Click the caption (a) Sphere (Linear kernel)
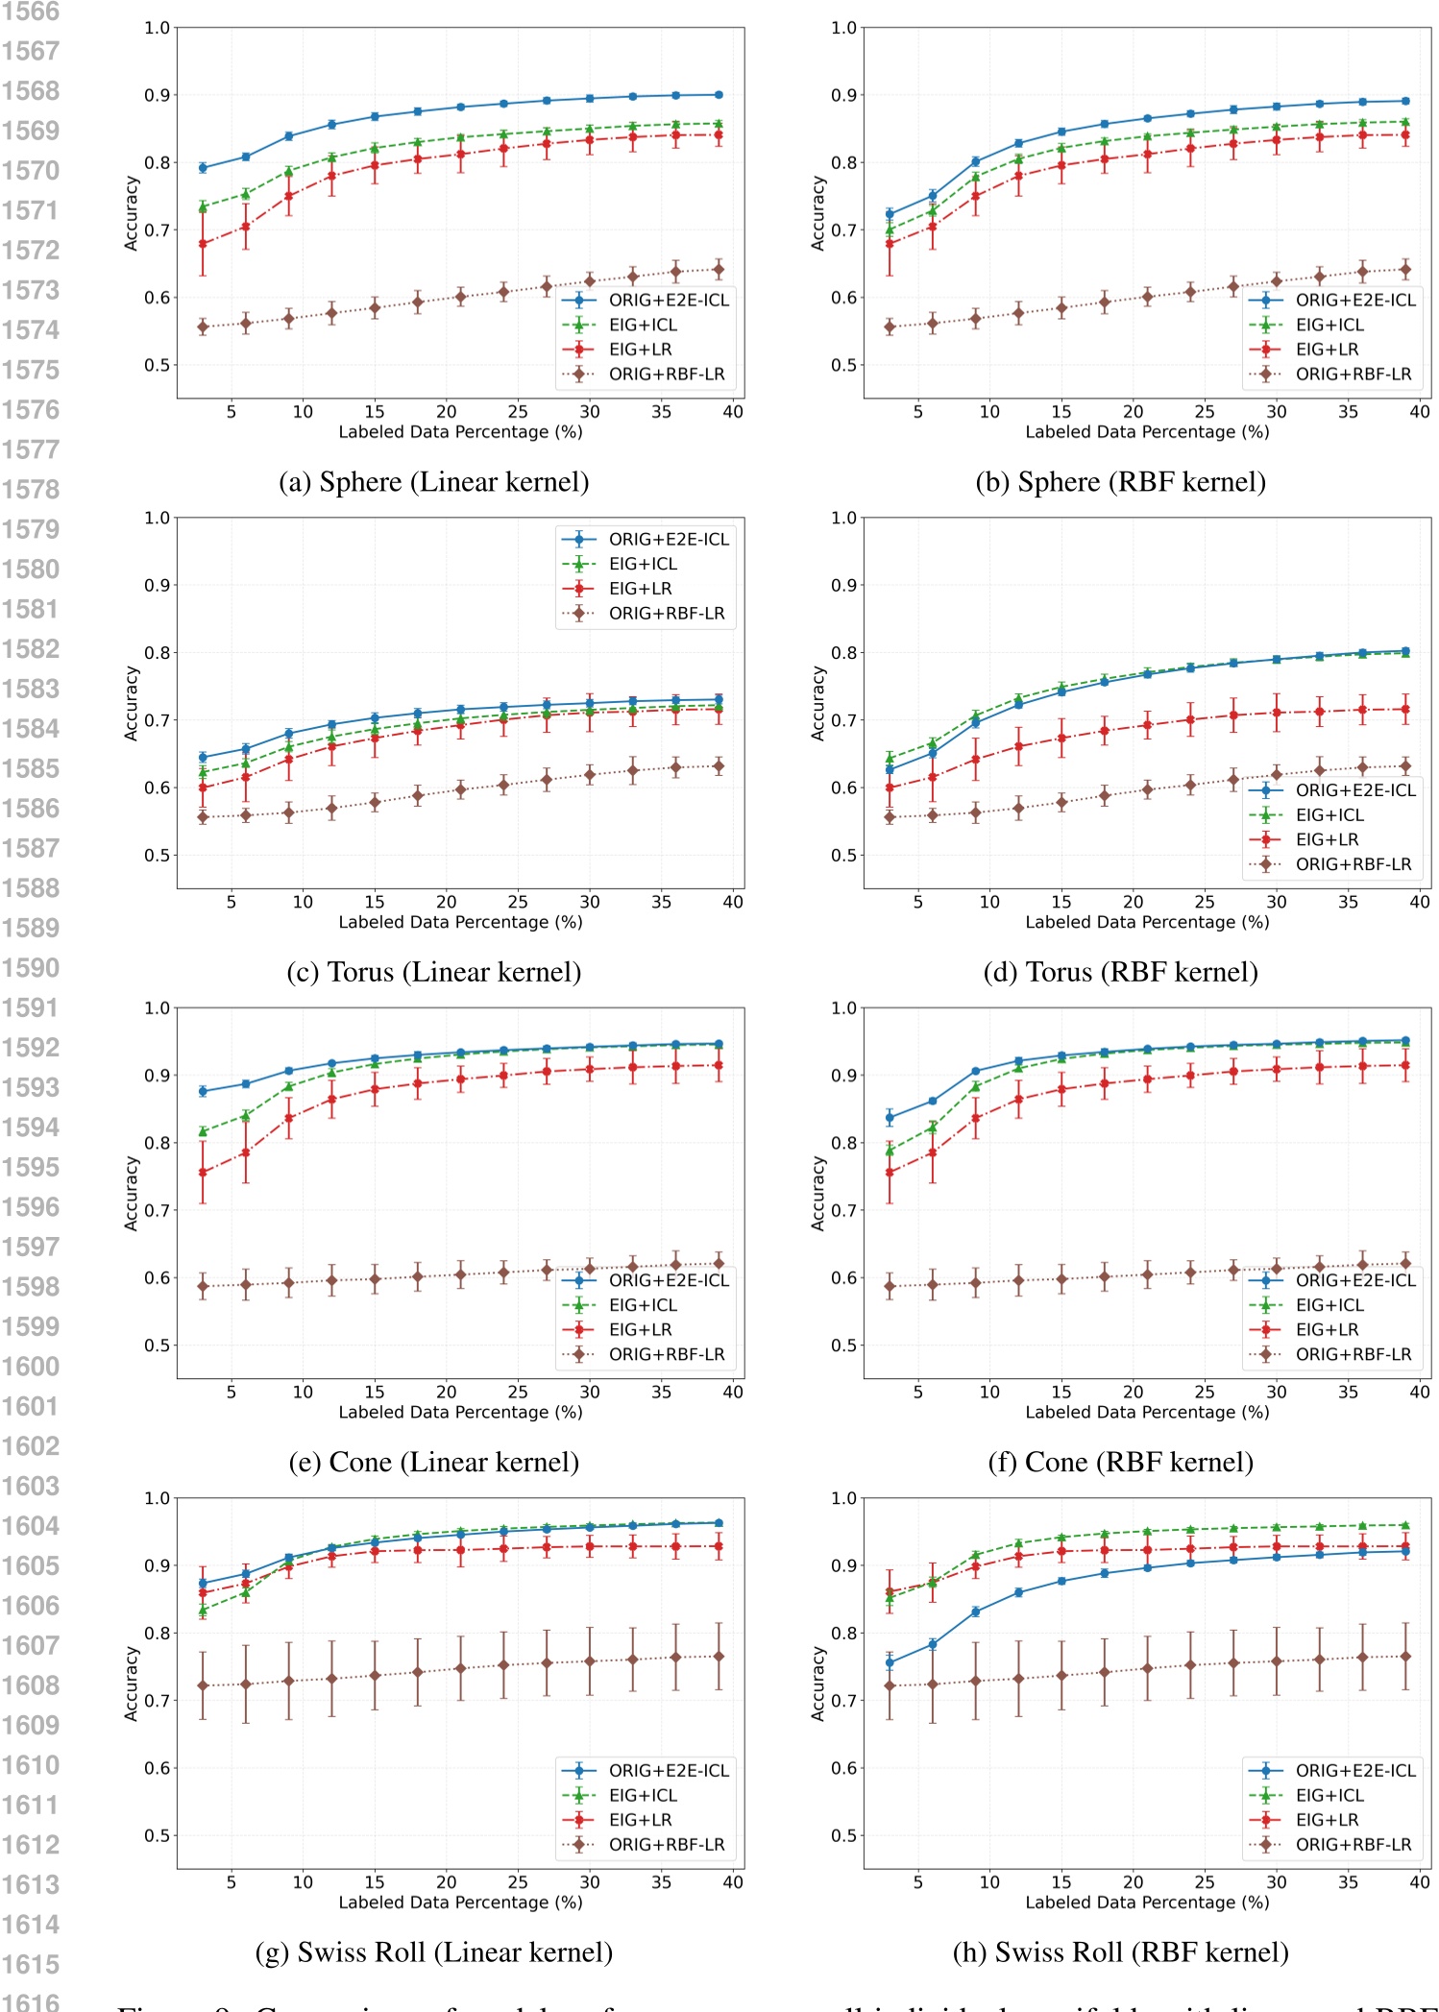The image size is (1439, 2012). click(433, 482)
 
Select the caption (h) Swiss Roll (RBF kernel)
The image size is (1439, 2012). click(1120, 1952)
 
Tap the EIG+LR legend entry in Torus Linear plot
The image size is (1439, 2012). click(640, 589)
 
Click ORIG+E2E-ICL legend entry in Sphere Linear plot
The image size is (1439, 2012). click(669, 301)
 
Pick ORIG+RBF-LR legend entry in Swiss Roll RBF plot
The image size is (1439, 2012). click(1353, 1845)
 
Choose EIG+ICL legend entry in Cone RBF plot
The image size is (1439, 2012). click(1329, 1305)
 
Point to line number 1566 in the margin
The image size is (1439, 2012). click(30, 12)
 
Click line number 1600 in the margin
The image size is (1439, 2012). click(30, 1367)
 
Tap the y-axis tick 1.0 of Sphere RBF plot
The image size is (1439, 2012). click(843, 28)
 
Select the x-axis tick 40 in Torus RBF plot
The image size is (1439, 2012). click(1419, 902)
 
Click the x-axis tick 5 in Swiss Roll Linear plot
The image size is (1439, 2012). click(232, 1882)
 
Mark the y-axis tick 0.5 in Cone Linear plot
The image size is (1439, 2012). click(157, 1345)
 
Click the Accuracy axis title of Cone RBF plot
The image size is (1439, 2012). click(818, 1194)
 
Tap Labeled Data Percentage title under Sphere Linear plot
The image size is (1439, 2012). click(460, 432)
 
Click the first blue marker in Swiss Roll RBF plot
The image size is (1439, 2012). click(890, 1662)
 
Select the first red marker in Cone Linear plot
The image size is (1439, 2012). click(203, 1173)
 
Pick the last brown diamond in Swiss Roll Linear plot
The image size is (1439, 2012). click(719, 1657)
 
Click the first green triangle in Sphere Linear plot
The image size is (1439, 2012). click(203, 206)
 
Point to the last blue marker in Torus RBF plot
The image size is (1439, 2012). click(1405, 651)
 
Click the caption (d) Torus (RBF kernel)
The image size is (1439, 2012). click(1120, 972)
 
